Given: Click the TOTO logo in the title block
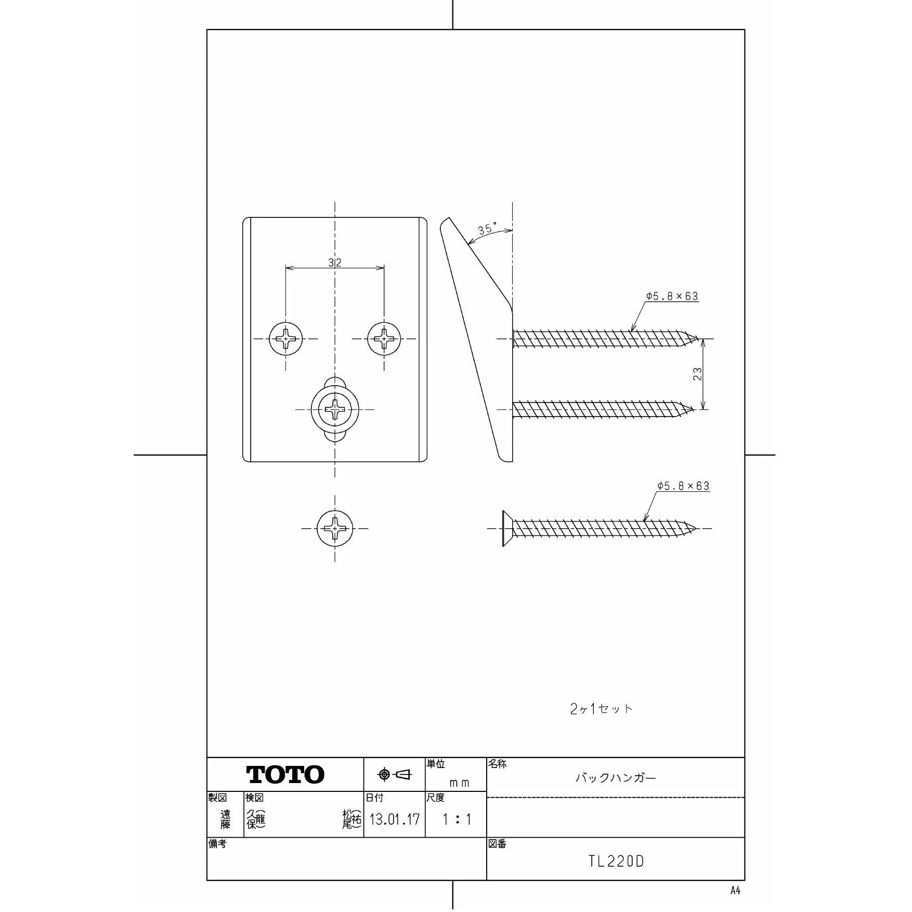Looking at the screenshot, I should pos(285,774).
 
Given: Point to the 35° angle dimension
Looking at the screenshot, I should pos(487,229).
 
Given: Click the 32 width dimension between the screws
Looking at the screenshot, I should pos(335,263).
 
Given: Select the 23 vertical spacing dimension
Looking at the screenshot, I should pos(698,374).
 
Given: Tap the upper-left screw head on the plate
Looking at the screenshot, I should pos(285,339).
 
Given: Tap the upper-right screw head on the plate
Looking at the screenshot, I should pos(384,339).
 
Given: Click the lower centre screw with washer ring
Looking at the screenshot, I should pos(335,409).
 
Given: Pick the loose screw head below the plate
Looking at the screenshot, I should pos(335,528).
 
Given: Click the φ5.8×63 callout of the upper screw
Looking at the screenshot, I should pos(672,296).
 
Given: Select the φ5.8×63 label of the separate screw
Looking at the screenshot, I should pos(683,486).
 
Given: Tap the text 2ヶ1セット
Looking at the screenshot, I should pos(601,709).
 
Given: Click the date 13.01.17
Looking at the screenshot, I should pos(394,820).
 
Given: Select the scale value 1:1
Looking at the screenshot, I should pos(457,820).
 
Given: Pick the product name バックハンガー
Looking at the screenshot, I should pos(616,778).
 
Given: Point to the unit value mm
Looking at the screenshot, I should pos(459,783).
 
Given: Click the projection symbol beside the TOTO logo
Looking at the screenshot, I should pos(395,775).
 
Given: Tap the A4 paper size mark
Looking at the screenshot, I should pos(735,891).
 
